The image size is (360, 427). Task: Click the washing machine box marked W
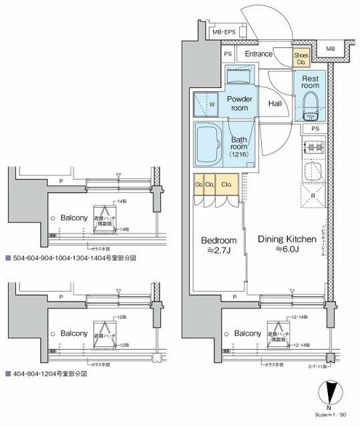click(207, 104)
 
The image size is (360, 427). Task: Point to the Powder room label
click(238, 103)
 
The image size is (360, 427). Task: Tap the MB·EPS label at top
click(222, 32)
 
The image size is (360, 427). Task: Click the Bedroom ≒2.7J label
click(218, 244)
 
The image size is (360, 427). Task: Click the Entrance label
click(258, 54)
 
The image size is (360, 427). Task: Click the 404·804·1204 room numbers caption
click(50, 374)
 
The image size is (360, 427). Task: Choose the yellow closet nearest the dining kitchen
click(226, 185)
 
